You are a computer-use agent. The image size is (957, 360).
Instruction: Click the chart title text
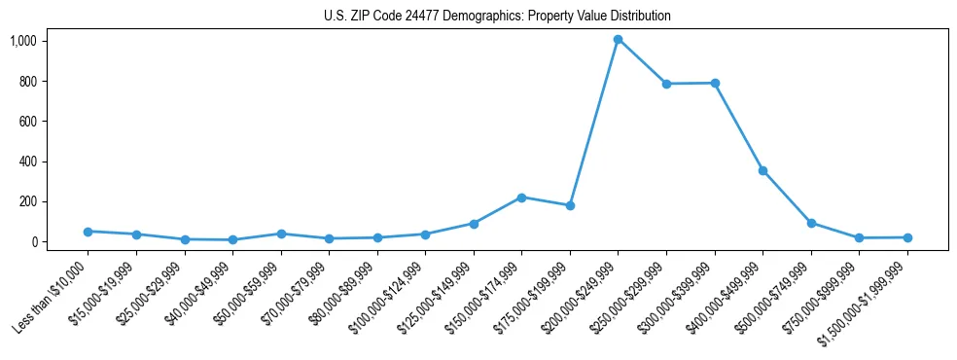[x=497, y=17]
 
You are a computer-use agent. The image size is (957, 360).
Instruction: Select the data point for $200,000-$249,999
[x=618, y=40]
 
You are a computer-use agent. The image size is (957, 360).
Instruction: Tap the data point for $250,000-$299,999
[x=666, y=84]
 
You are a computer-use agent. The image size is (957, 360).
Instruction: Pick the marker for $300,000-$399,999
[x=715, y=83]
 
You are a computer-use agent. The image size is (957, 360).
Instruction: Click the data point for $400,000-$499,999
[x=762, y=170]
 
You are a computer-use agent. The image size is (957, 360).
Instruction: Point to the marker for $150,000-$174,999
[x=521, y=198]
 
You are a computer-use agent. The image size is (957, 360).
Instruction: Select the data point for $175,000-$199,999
[x=570, y=205]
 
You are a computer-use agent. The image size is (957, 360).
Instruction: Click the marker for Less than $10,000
[x=88, y=232]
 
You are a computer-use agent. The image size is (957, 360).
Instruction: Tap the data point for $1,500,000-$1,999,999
[x=907, y=237]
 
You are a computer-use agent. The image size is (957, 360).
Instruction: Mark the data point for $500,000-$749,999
[x=811, y=223]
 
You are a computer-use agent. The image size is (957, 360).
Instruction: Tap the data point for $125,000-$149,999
[x=474, y=224]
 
